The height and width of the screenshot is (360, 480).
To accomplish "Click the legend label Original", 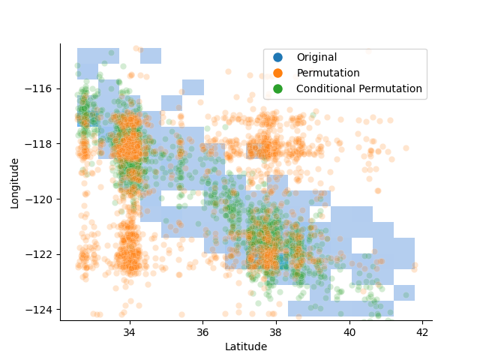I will point(316,58).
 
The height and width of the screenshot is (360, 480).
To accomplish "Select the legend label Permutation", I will point(328,73).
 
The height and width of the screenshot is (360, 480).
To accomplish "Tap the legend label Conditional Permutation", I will point(359,89).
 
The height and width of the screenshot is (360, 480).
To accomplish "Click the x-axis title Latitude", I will point(246,346).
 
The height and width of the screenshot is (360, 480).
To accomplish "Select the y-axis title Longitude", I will point(15,182).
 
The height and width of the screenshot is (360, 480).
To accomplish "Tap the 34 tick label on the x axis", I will point(130,331).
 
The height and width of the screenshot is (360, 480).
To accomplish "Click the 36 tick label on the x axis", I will point(202,331).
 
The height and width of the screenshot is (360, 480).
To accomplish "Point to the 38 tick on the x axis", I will point(276,331).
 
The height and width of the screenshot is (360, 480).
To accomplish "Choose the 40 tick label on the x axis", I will point(349,331).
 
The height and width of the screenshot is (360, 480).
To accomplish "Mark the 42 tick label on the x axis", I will point(422,331).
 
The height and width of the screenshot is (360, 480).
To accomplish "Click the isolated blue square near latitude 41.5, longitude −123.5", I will point(404,292).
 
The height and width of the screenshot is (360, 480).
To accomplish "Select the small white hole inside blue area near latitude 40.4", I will point(362,245).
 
